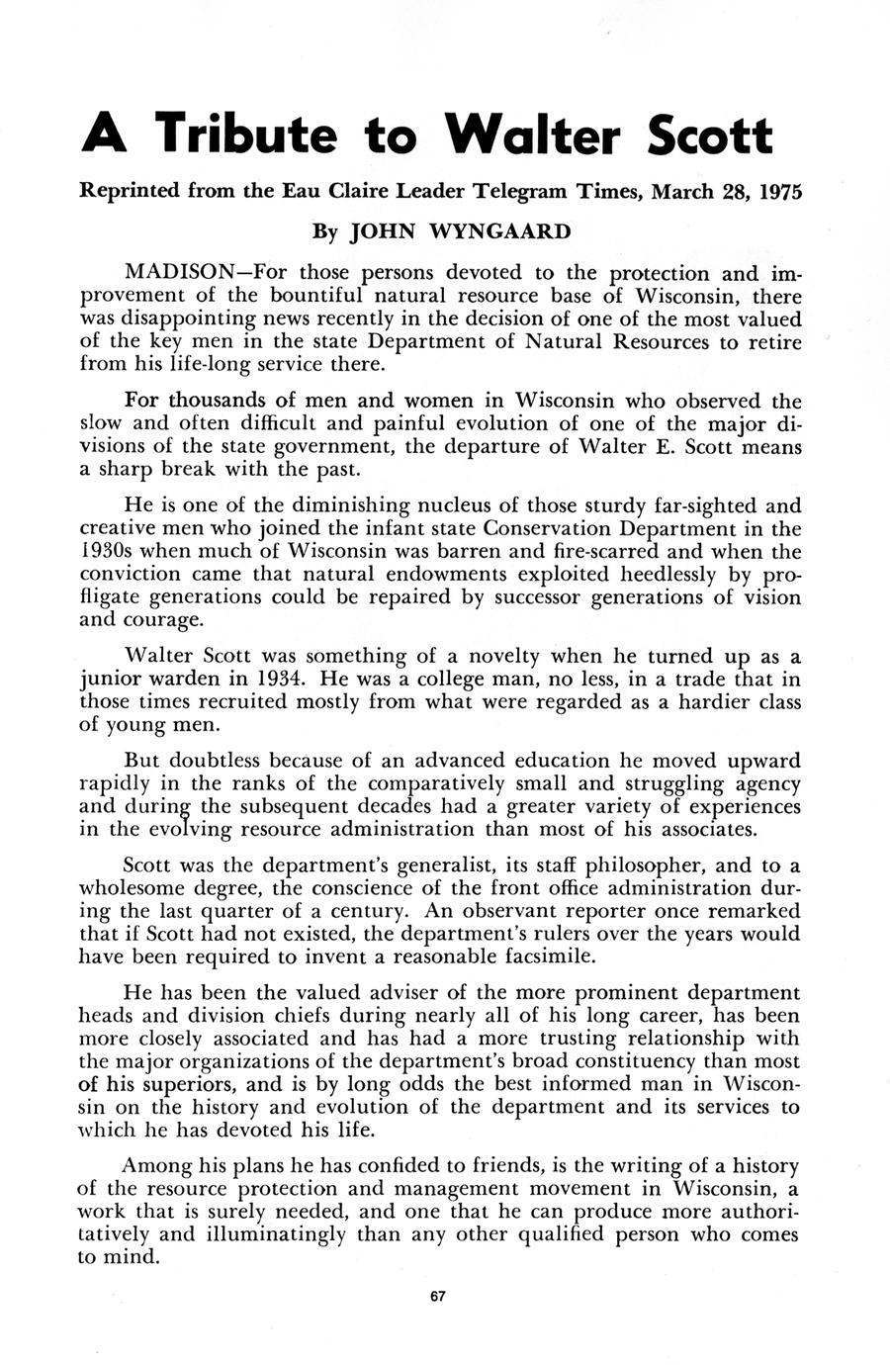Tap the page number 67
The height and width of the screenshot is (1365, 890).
(440, 1297)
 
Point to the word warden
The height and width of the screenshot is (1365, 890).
(165, 680)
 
